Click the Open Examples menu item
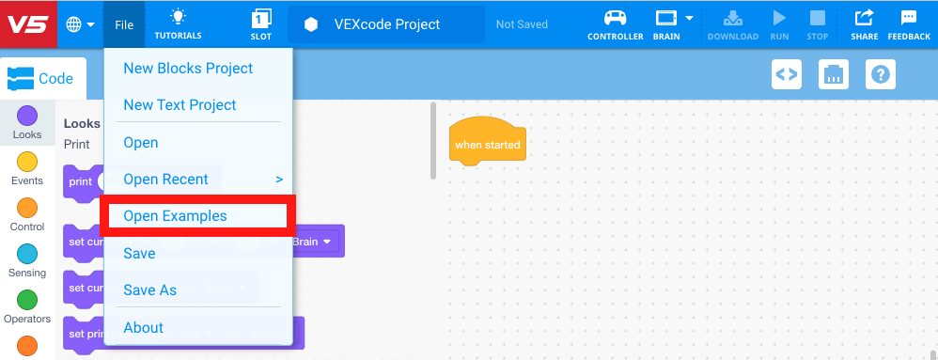point(176,216)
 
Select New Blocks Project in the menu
point(188,69)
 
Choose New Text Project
point(180,105)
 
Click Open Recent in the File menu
point(165,180)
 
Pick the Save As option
point(149,290)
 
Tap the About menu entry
point(143,328)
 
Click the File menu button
point(124,24)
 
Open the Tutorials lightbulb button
point(178,23)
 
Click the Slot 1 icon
point(261,23)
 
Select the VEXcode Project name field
point(386,24)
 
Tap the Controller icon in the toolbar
point(616,23)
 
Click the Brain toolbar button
point(666,23)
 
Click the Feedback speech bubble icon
point(909,23)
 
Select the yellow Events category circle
point(27,163)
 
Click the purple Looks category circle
point(27,117)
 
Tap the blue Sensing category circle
point(27,255)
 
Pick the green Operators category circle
point(27,301)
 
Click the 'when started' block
point(487,144)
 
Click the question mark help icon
point(881,74)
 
